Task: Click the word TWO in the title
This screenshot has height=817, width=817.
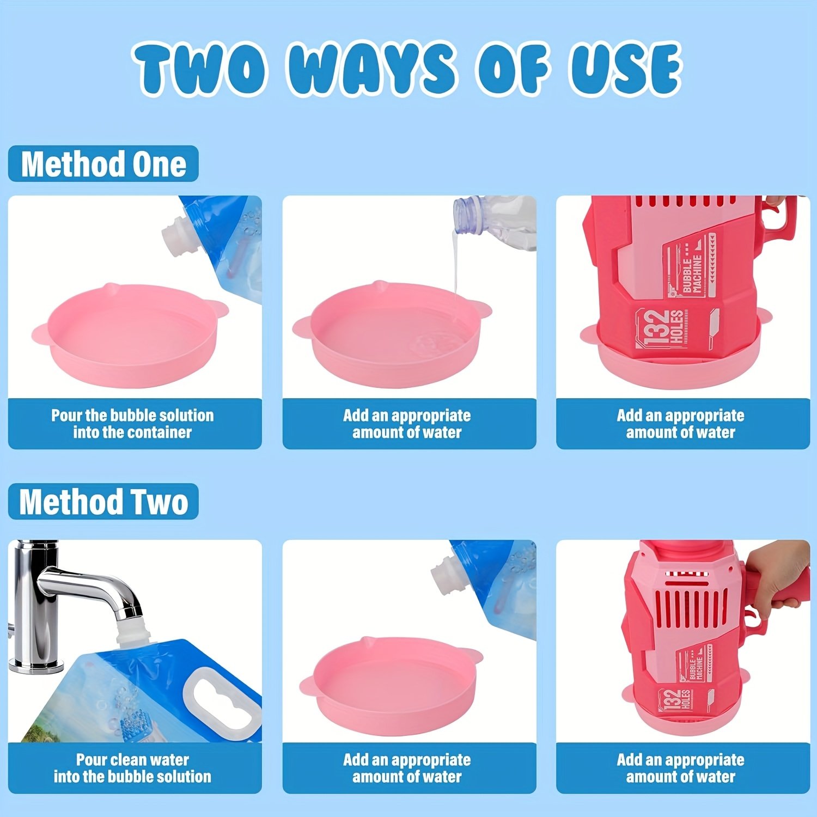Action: pyautogui.click(x=202, y=69)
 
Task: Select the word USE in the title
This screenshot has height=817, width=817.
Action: pyautogui.click(x=626, y=69)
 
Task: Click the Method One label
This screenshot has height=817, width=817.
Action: pyautogui.click(x=103, y=164)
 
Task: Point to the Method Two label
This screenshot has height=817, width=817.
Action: pyautogui.click(x=103, y=502)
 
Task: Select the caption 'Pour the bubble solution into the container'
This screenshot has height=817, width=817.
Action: pyautogui.click(x=132, y=424)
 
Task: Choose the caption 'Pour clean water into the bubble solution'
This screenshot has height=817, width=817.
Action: pyautogui.click(x=132, y=768)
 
